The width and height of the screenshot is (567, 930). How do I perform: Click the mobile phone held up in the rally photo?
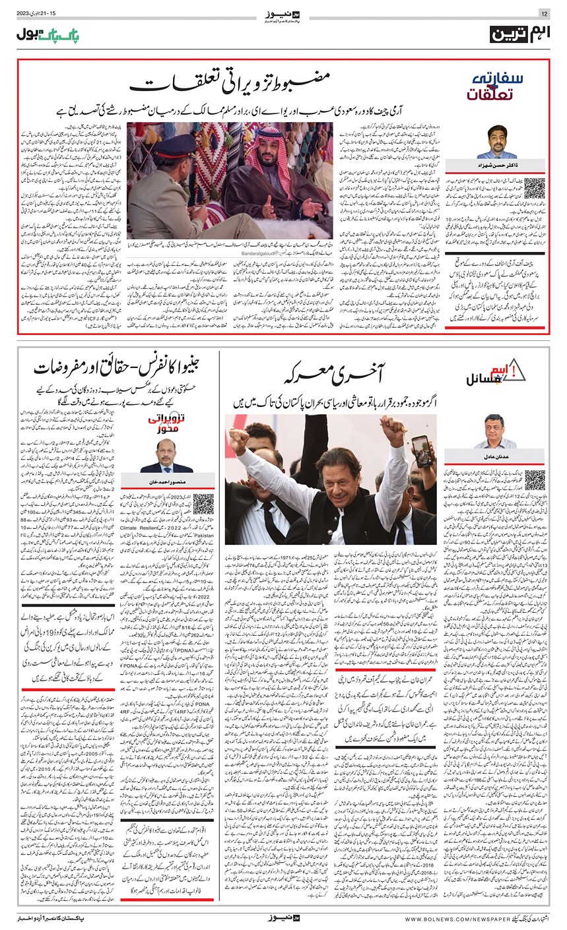pos(420,450)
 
